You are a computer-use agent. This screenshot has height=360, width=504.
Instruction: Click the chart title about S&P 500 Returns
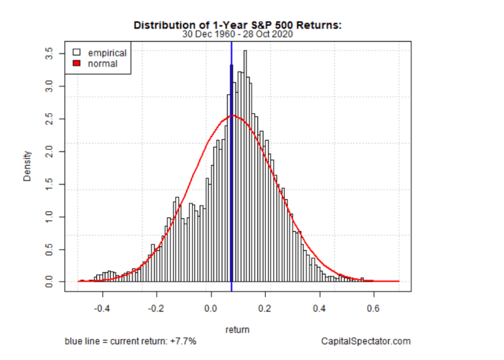(x=237, y=25)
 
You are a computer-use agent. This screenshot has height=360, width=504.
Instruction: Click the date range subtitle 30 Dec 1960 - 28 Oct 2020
(x=237, y=34)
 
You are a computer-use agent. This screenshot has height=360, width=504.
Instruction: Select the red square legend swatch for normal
(x=76, y=63)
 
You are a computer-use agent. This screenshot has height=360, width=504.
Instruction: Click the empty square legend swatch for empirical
(x=76, y=53)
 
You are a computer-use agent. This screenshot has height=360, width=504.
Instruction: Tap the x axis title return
(x=237, y=330)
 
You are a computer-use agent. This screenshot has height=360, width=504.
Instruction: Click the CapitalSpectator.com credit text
(x=366, y=341)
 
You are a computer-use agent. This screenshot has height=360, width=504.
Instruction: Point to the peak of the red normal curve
(x=233, y=116)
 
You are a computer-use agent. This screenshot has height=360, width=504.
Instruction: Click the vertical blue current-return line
(x=231, y=197)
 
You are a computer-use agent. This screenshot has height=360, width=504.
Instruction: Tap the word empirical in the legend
(x=107, y=53)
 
